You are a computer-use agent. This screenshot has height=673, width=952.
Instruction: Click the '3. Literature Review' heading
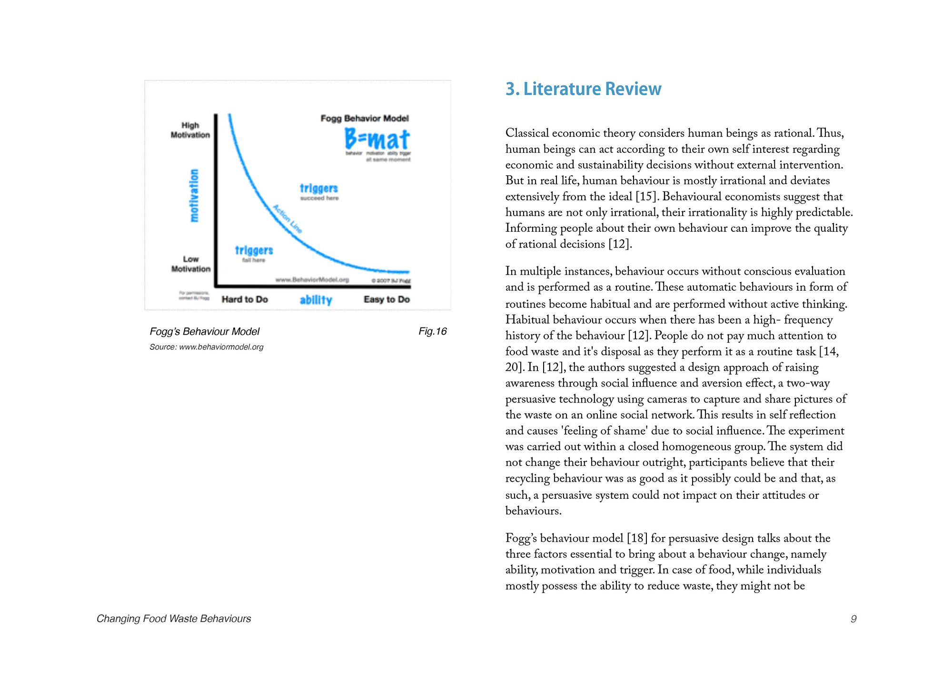pos(583,89)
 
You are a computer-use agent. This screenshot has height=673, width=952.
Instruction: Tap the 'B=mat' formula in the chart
pos(377,139)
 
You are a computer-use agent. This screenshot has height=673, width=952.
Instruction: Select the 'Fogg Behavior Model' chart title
pos(365,118)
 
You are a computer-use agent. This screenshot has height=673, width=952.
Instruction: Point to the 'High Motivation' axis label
pos(190,130)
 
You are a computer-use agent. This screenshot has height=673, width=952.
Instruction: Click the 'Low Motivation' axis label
pos(191,264)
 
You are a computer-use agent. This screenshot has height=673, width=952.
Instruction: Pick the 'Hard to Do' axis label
pos(245,299)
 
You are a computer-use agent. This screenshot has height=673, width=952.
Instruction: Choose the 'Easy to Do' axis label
pos(387,299)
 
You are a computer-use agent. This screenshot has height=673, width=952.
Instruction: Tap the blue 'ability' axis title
pos(316,300)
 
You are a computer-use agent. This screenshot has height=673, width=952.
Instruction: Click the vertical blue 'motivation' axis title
pos(194,195)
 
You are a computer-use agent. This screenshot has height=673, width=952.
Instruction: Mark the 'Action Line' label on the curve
pos(288,218)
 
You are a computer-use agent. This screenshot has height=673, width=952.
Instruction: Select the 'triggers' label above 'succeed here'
pos(319,188)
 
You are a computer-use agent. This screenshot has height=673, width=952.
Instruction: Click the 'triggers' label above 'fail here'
pos(254,250)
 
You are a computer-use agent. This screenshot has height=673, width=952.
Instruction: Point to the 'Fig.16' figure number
pos(433,331)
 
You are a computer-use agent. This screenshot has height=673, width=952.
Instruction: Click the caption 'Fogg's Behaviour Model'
pos(205,331)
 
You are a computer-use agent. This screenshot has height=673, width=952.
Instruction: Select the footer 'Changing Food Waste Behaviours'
pos(174,619)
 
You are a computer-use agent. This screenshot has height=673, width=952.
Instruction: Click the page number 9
pos(853,619)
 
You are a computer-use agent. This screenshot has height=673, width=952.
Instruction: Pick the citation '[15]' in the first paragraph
pos(647,197)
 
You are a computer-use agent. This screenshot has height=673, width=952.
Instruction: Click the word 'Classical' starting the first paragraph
pos(527,133)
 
